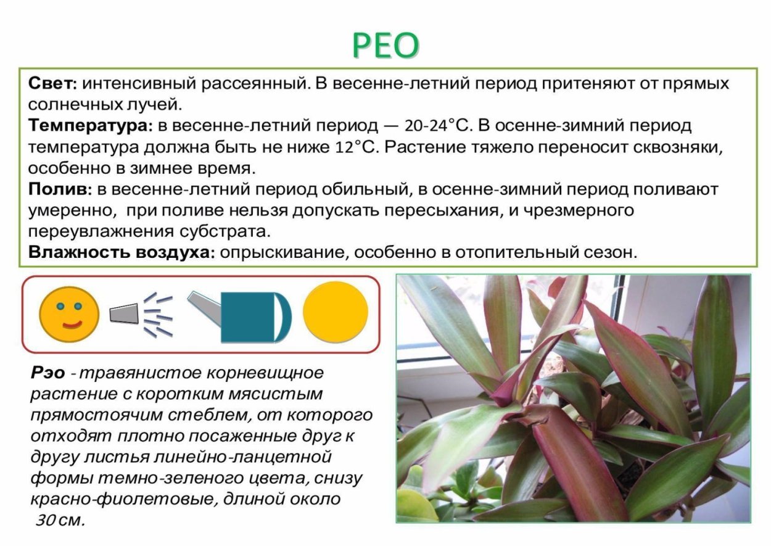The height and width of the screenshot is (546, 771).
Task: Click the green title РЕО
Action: pos(386,44)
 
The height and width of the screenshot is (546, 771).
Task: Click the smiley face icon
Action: pos(69,314)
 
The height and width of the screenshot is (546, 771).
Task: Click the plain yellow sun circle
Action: pos(335,312)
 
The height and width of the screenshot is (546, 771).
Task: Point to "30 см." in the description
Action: pos(59,520)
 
